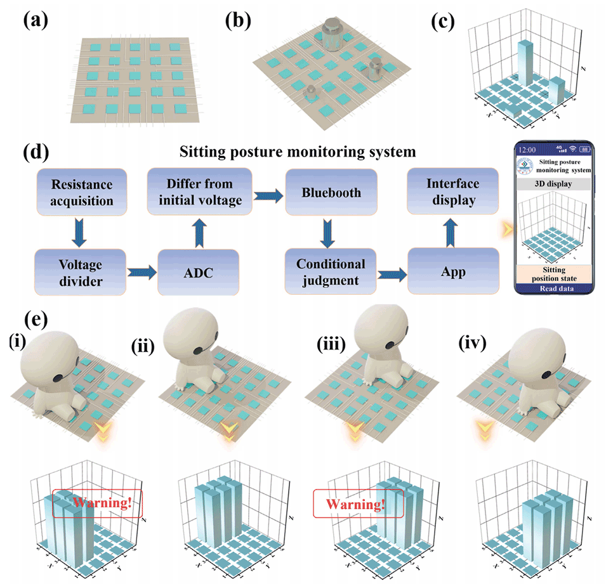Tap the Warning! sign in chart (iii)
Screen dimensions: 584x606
pyautogui.click(x=359, y=505)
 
